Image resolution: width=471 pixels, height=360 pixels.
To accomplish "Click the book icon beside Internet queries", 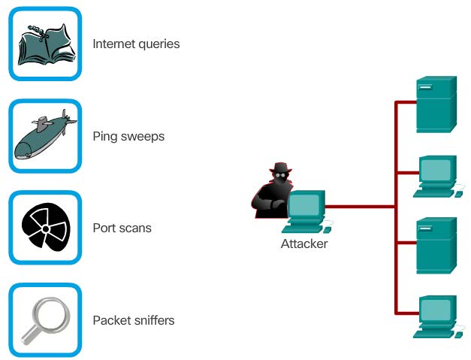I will tap(45, 44).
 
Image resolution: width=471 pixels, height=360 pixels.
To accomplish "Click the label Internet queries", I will tap(136, 44).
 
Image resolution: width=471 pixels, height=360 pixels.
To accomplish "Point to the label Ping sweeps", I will tap(128, 137).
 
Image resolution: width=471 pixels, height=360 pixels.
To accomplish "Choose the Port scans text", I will tap(122, 228).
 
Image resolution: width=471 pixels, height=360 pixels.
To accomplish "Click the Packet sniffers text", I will tap(134, 321).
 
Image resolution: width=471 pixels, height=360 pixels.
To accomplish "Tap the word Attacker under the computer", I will tap(304, 244).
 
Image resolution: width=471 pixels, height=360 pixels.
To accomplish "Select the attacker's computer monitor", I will tap(306, 205).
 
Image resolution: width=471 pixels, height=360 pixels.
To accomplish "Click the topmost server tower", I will tap(436, 103).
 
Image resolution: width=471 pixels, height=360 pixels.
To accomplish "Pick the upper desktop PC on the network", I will tap(436, 174).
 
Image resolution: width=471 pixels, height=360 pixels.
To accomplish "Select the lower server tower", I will tap(436, 244).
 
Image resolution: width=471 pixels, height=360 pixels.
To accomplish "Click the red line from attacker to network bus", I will tap(361, 206).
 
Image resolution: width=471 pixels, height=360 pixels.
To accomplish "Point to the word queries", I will tap(159, 44).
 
